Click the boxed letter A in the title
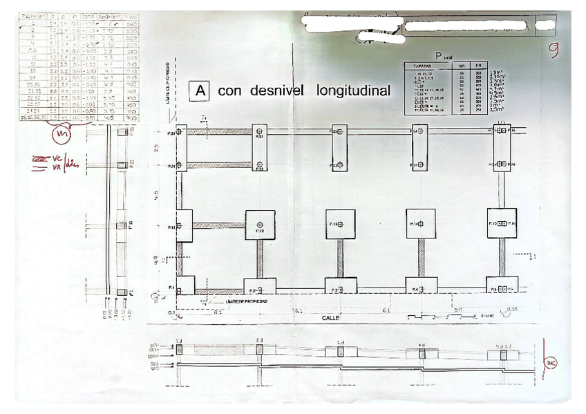(200, 91)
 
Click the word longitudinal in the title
(353, 91)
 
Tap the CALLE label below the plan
(331, 319)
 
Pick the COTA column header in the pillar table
(88, 14)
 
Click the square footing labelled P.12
(260, 225)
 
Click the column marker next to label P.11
(179, 225)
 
